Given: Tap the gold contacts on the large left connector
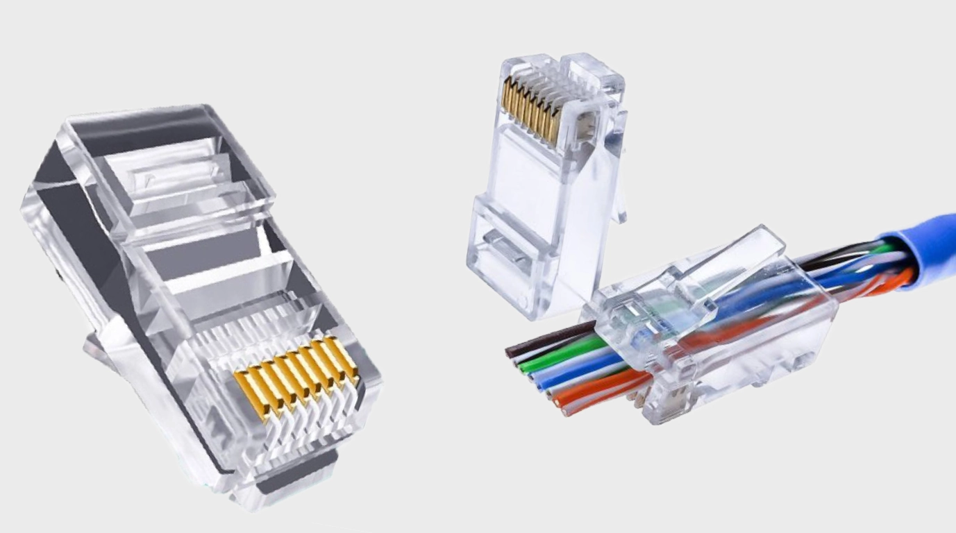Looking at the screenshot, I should tap(295, 375).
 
